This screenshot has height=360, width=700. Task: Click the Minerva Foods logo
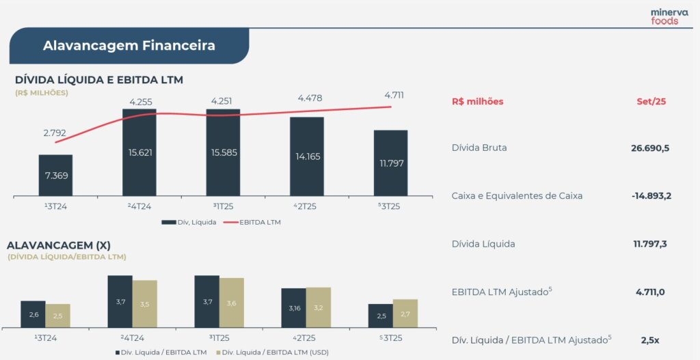pyautogui.click(x=664, y=16)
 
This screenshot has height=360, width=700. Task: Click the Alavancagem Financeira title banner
pyautogui.click(x=129, y=46)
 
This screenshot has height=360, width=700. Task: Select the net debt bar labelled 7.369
pyautogui.click(x=55, y=176)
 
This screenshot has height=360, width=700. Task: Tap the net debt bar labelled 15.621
pyautogui.click(x=139, y=153)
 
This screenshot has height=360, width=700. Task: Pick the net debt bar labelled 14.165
pyautogui.click(x=307, y=156)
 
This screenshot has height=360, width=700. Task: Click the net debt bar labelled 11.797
pyautogui.click(x=390, y=163)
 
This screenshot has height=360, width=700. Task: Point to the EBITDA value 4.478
pyautogui.click(x=309, y=98)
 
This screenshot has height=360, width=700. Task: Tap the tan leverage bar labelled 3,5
pyautogui.click(x=145, y=303)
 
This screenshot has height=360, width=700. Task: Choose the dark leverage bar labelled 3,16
pyautogui.click(x=294, y=307)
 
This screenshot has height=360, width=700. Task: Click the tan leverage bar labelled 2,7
pyautogui.click(x=405, y=313)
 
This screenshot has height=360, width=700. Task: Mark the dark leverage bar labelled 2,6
pyautogui.click(x=33, y=314)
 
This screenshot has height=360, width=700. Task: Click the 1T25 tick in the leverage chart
pyautogui.click(x=223, y=337)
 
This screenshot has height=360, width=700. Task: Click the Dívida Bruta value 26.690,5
pyautogui.click(x=650, y=148)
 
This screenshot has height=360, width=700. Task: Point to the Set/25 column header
pyautogui.click(x=651, y=101)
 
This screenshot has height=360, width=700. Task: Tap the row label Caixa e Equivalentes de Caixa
pyautogui.click(x=517, y=196)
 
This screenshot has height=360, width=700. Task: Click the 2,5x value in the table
pyautogui.click(x=650, y=340)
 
